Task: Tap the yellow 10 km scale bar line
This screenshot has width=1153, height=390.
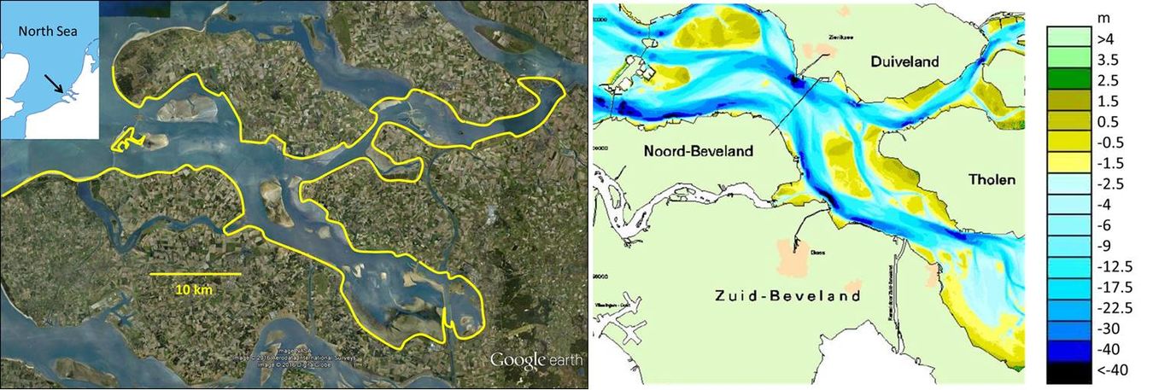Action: [x=195, y=274]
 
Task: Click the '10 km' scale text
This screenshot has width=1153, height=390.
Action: [x=195, y=289]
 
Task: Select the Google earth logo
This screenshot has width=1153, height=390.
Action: [x=536, y=360]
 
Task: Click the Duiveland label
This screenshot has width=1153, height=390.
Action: [x=904, y=62]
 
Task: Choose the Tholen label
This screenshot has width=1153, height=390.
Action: [x=992, y=180]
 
